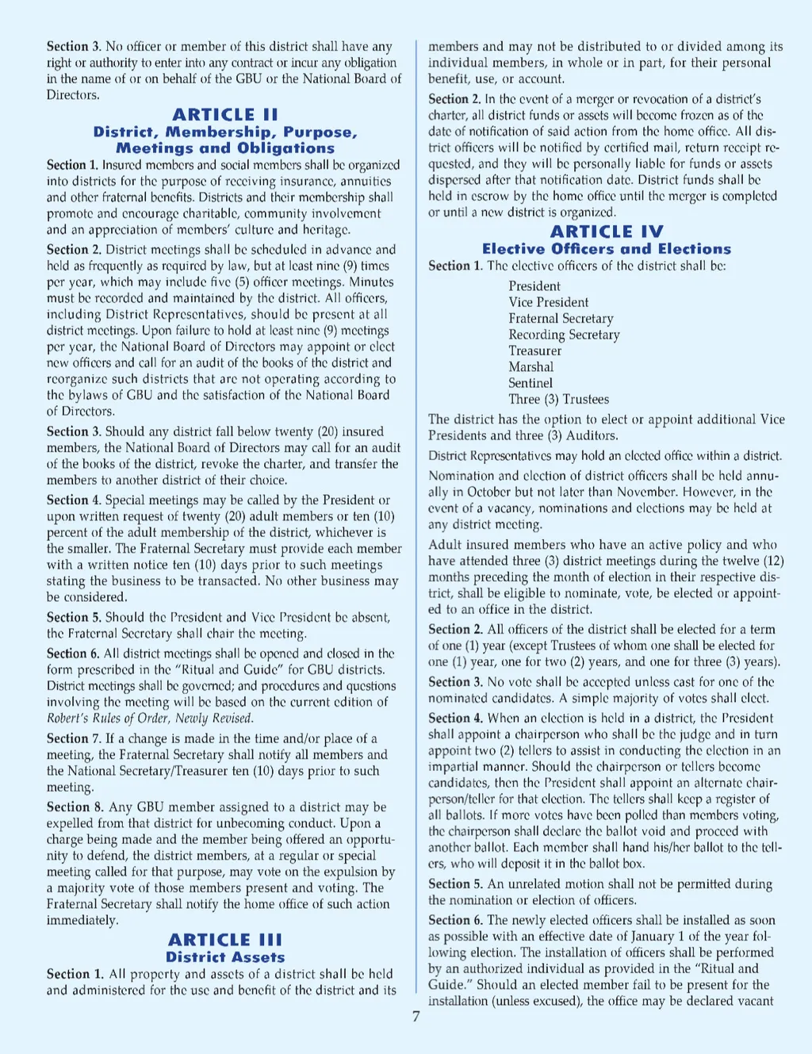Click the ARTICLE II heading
[225, 115]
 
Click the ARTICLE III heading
[225, 940]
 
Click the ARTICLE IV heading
[607, 232]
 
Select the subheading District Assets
[225, 957]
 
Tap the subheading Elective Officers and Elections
[607, 249]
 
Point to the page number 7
[416, 1017]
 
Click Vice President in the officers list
[549, 302]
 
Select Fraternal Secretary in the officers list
[561, 318]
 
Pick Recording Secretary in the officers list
[564, 335]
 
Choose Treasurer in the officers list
[535, 351]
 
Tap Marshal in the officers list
[531, 366]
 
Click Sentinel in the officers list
[530, 383]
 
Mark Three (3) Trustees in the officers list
[559, 399]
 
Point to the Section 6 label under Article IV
[455, 920]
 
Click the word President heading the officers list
[534, 286]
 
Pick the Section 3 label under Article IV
[455, 682]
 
